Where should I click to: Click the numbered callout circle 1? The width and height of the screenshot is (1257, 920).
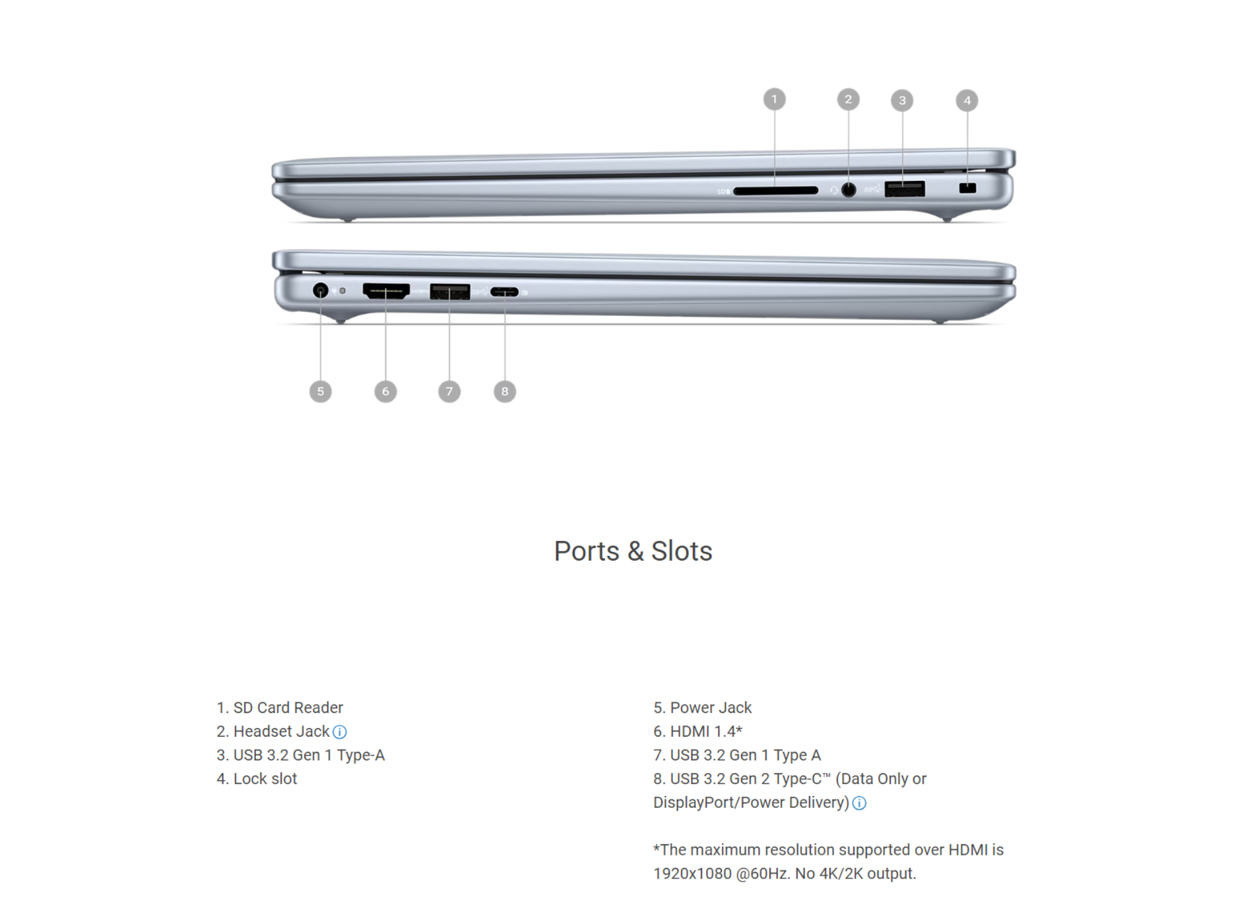[x=774, y=100]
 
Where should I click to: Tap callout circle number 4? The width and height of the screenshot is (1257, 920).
[x=967, y=100]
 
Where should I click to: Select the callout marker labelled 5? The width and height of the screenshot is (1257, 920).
[x=320, y=391]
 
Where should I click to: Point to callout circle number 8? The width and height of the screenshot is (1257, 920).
[x=505, y=391]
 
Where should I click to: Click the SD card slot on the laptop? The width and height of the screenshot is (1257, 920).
[x=775, y=191]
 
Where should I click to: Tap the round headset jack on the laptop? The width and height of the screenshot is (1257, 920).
[x=849, y=190]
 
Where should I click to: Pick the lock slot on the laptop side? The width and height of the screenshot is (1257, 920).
[x=967, y=188]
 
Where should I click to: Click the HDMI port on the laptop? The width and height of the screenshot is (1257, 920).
[x=386, y=291]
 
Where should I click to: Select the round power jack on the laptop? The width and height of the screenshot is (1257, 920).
[x=320, y=290]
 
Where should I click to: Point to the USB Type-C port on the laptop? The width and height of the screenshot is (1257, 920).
[x=504, y=291]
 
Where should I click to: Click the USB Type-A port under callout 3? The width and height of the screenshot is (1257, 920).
[x=905, y=189]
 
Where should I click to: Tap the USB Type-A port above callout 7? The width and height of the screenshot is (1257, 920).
[x=449, y=291]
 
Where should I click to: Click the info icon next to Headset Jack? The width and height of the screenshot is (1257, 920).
[x=339, y=732]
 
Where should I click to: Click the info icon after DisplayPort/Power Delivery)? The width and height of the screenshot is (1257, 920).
[x=859, y=803]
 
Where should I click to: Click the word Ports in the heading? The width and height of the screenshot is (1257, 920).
[x=587, y=551]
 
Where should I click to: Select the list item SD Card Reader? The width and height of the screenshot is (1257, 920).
[x=280, y=708]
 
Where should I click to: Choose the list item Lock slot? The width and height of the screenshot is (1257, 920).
[x=257, y=779]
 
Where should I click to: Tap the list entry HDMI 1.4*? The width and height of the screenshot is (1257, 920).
[x=698, y=731]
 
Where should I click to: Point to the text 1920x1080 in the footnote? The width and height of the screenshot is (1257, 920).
[x=692, y=874]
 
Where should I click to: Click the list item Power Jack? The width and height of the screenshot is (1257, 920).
[x=703, y=708]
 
